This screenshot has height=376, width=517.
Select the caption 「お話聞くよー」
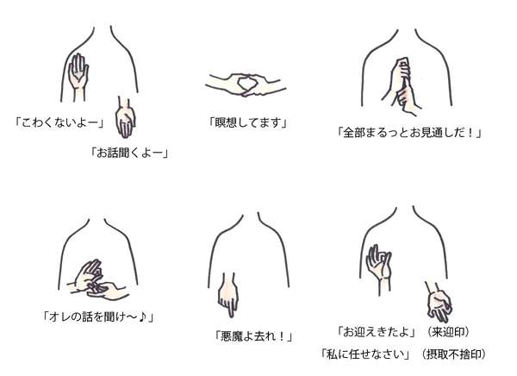click(x=128, y=154)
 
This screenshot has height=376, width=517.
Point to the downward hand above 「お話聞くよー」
click(x=126, y=118)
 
